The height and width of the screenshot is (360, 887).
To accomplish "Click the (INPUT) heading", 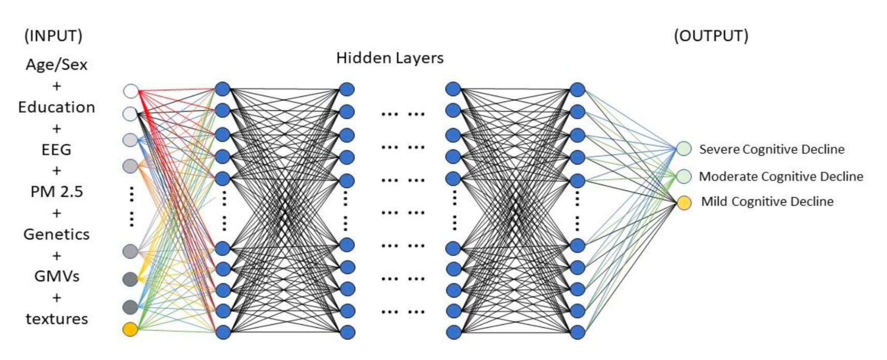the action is click(x=53, y=36).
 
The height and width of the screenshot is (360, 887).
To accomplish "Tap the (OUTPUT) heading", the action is click(x=711, y=36).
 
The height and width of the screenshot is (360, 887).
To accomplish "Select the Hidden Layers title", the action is click(x=390, y=58).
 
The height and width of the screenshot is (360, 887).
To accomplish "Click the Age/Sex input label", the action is click(x=56, y=65).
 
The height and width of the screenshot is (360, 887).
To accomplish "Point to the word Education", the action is click(x=56, y=107).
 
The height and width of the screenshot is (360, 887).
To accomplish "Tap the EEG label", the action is click(x=56, y=150).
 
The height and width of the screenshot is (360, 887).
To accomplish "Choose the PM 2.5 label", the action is click(x=56, y=192).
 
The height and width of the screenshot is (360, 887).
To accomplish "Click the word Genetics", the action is click(x=56, y=235).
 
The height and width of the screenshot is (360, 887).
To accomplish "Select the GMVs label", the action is click(x=56, y=277).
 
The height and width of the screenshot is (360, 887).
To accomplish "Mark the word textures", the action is click(x=56, y=319).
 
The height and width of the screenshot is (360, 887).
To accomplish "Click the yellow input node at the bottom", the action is click(x=130, y=329).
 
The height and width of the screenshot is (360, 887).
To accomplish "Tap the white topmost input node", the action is click(x=130, y=91).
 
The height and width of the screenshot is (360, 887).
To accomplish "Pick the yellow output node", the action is click(x=684, y=203).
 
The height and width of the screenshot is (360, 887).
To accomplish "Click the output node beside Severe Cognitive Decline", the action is click(x=684, y=149).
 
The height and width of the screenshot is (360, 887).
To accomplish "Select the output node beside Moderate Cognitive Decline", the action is click(x=684, y=176).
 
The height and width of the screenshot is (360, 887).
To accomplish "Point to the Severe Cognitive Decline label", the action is click(x=772, y=149).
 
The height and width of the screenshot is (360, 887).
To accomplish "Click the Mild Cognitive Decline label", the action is click(x=767, y=201).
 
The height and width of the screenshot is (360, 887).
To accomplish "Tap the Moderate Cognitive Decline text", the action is click(x=781, y=177).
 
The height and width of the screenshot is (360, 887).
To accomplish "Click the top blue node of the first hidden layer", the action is click(x=223, y=89).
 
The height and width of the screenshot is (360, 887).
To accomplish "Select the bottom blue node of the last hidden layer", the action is click(x=577, y=332).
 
